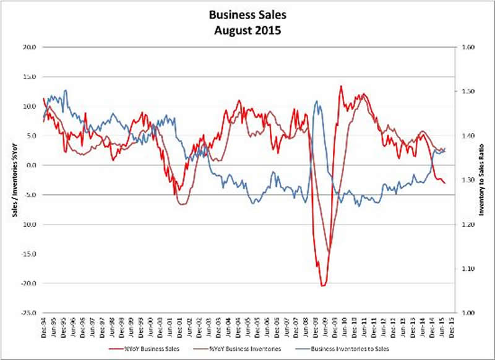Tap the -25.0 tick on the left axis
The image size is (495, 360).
(28, 313)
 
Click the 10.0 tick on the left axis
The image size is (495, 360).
(30, 106)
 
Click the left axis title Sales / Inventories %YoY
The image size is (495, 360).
(11, 179)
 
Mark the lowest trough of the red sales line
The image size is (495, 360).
(323, 286)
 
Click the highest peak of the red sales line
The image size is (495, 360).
(341, 86)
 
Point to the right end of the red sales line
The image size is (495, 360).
(444, 182)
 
